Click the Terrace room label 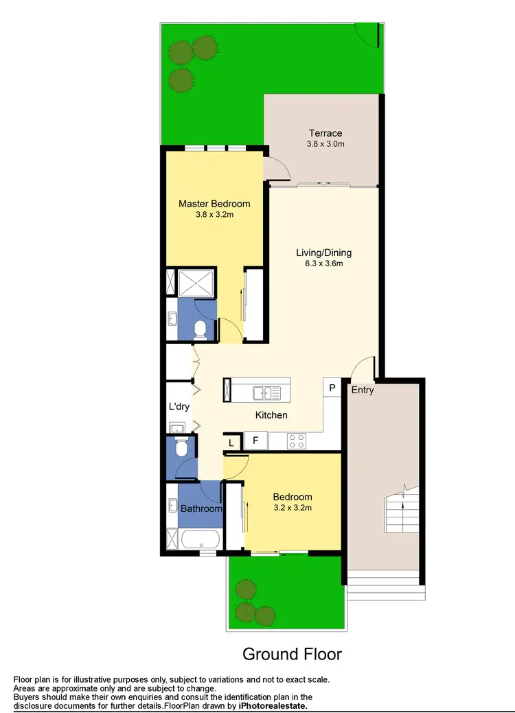(x=325, y=133)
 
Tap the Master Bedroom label (x=214, y=204)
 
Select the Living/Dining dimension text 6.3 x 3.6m (x=324, y=263)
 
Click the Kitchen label (x=271, y=415)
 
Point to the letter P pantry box (x=332, y=388)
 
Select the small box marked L (x=232, y=443)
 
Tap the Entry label (x=363, y=390)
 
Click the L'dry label (x=179, y=406)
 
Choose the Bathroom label (x=201, y=509)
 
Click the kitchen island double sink (x=266, y=393)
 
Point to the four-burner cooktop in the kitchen (x=297, y=441)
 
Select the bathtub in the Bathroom (x=201, y=539)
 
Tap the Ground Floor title (x=292, y=653)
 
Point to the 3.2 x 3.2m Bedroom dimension (x=293, y=509)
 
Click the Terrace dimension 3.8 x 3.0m (x=325, y=144)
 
